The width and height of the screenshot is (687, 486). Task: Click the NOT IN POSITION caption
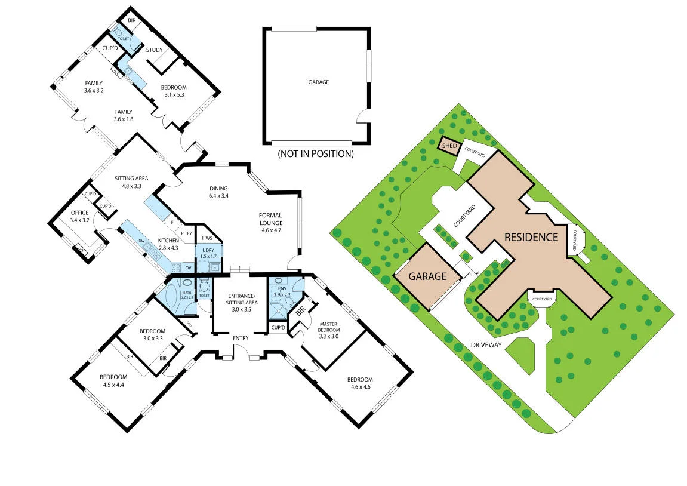pos(316,154)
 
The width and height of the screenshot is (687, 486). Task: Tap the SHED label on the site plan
pos(449,145)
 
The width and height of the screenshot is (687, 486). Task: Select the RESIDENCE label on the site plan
pos(531,237)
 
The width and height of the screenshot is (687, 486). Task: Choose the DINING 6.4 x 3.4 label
pos(218,192)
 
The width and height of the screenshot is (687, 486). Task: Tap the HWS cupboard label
pos(207,238)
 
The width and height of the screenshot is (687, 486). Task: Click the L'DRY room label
pos(208,253)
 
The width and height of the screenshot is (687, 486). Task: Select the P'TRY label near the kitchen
pos(187,233)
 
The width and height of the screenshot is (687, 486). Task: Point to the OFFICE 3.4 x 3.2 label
pos(79,216)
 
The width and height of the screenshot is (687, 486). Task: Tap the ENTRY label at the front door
pos(241,339)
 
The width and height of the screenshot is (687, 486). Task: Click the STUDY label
pos(154,50)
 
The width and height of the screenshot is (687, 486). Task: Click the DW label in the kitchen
pos(141,241)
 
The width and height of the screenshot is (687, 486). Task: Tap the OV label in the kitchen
pos(187,267)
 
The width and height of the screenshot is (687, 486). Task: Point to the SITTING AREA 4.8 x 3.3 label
pos(131,182)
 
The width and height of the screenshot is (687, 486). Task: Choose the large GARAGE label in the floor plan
pos(318,82)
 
